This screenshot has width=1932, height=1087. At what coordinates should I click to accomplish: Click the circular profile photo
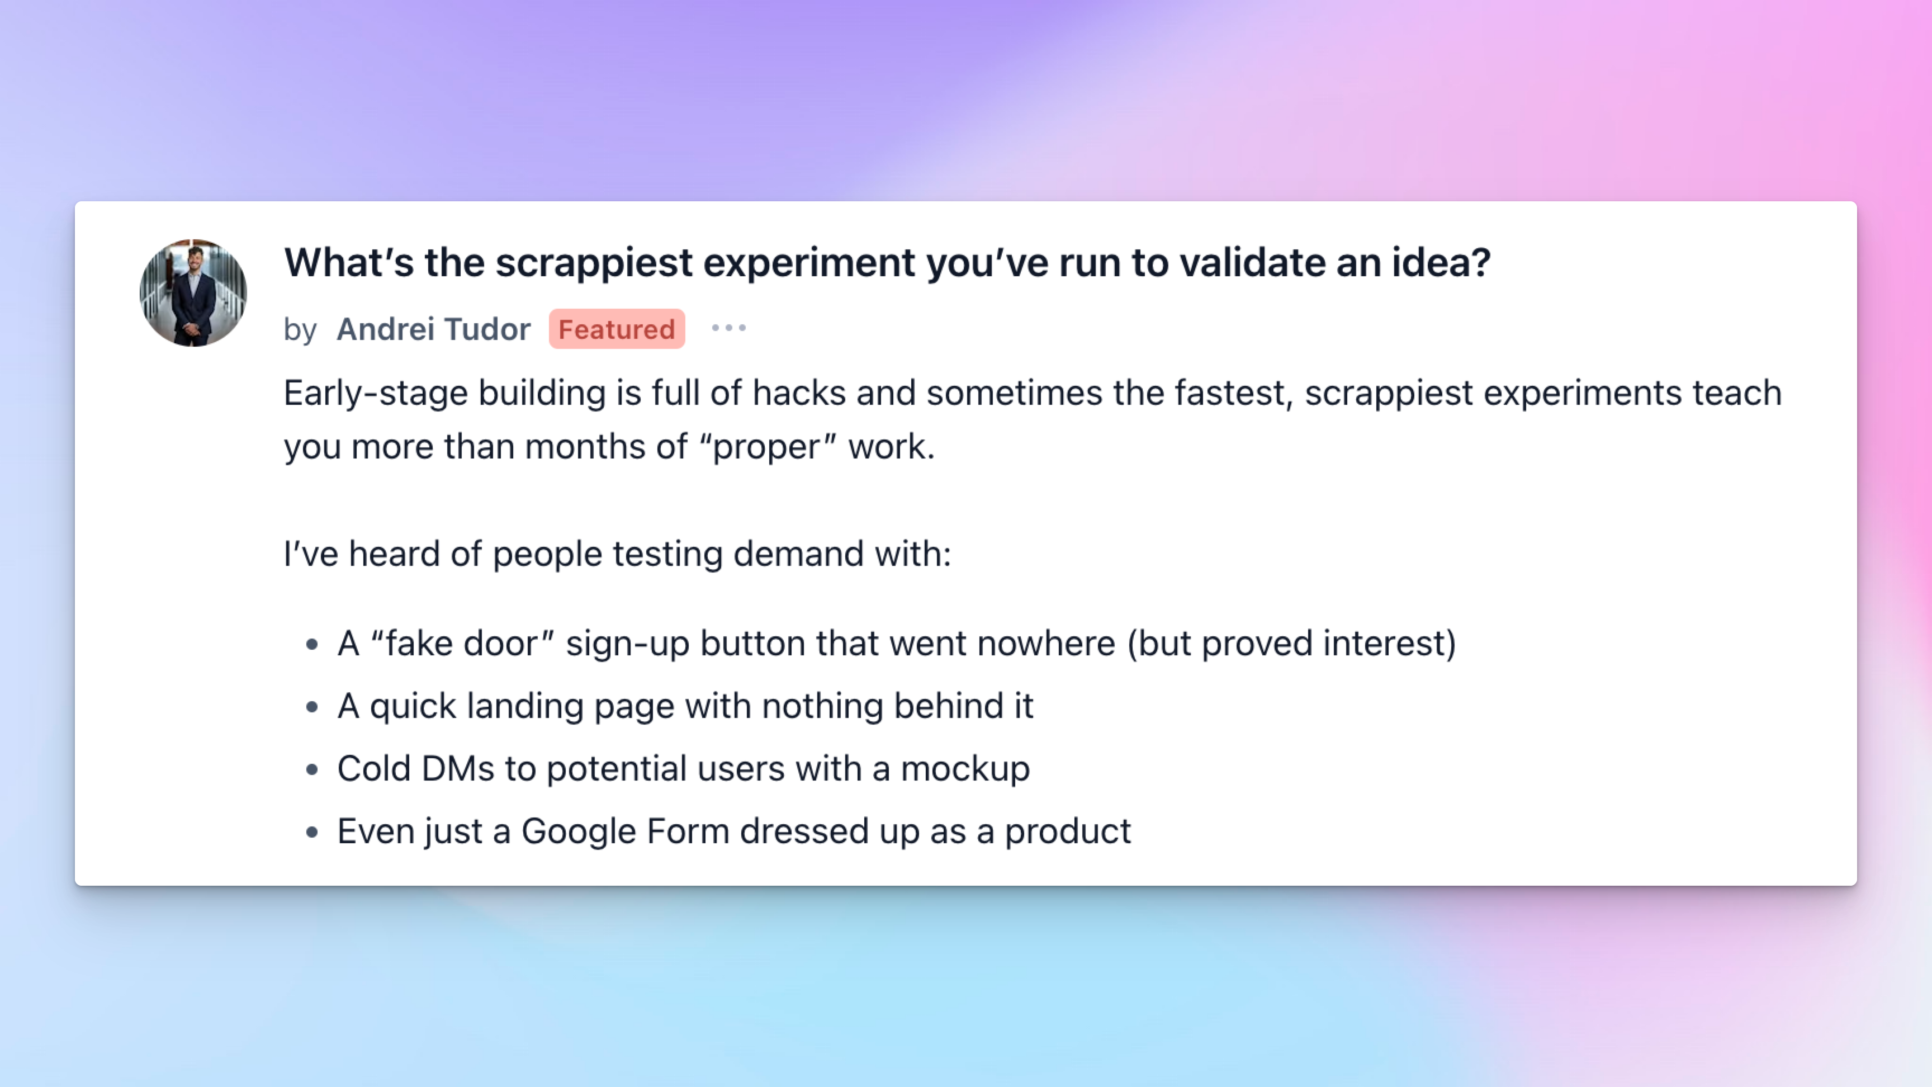click(x=193, y=292)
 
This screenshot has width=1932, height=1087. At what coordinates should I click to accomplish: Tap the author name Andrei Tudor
click(x=433, y=329)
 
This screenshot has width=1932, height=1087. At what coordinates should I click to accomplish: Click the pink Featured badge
click(x=617, y=329)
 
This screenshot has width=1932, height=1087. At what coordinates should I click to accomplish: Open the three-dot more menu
click(x=729, y=328)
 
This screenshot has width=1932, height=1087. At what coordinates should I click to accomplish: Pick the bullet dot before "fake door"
click(x=312, y=644)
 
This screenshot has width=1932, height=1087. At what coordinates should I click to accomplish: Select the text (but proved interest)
click(x=1291, y=644)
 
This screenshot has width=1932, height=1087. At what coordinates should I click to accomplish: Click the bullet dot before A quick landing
click(x=312, y=707)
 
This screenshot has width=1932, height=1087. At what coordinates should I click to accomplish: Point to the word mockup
click(x=965, y=769)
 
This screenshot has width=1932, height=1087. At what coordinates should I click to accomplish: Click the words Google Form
click(x=626, y=831)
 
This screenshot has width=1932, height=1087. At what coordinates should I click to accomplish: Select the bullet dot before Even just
click(x=312, y=832)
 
